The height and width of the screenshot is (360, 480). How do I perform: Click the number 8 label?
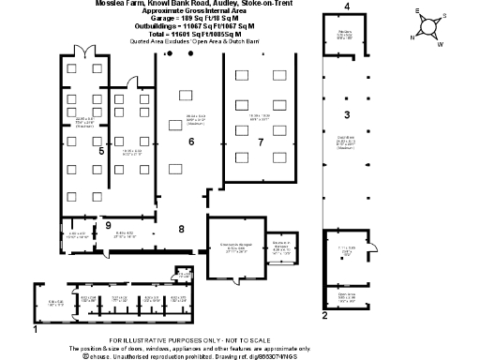pyautogui.click(x=182, y=228)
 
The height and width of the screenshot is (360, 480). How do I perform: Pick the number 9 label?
pyautogui.click(x=108, y=226)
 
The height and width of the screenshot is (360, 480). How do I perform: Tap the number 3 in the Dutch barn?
pyautogui.click(x=346, y=114)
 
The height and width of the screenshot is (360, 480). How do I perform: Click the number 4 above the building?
pyautogui.click(x=347, y=7)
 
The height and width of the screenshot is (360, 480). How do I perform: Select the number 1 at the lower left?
pyautogui.click(x=36, y=330)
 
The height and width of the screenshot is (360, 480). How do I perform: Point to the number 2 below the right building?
pyautogui.click(x=324, y=316)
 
